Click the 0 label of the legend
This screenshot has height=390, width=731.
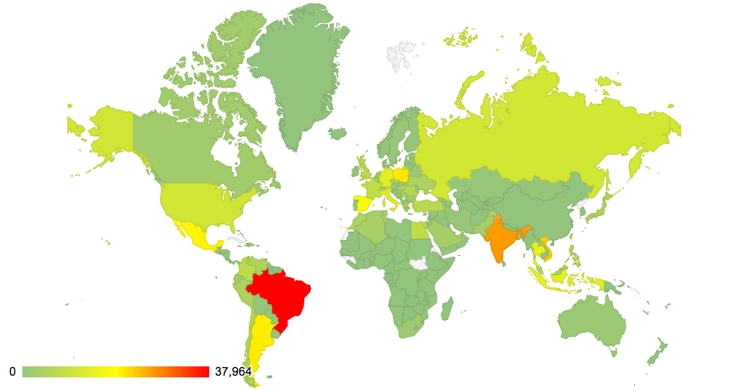12,371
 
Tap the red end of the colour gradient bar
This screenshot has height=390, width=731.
202,371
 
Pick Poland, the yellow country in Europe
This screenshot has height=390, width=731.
400,175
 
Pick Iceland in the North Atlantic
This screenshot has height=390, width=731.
338,133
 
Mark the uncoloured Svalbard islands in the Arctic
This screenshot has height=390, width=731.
400,54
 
